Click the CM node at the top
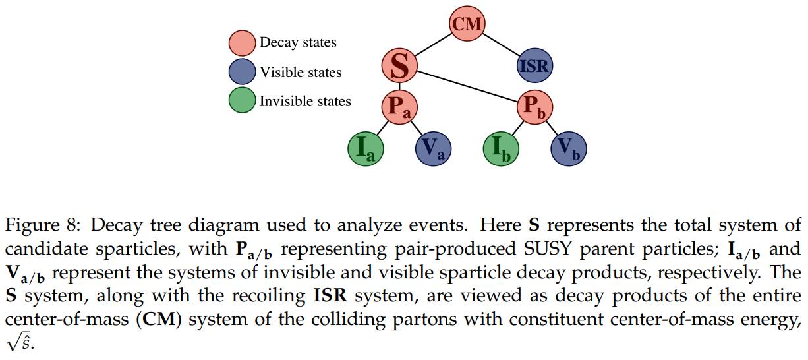click(467, 25)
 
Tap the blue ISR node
click(534, 65)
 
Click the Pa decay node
click(399, 107)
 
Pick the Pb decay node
click(534, 107)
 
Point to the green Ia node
click(366, 148)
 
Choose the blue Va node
click(433, 148)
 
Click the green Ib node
click(501, 148)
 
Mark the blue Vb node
click(568, 148)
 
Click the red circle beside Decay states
click(242, 43)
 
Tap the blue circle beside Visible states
click(242, 72)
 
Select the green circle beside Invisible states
click(242, 101)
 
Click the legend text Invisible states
click(305, 102)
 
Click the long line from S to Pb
click(468, 86)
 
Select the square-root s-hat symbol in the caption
click(19, 344)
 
